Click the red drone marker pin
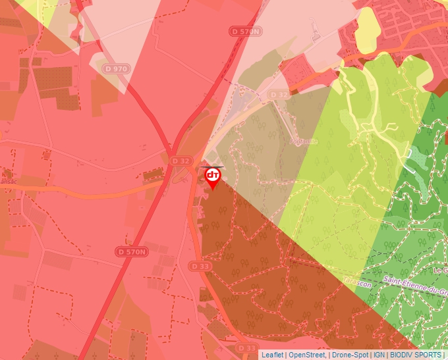[x=213, y=176]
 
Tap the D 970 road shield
[x=116, y=68]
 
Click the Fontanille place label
[x=304, y=141]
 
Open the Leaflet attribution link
[x=272, y=355]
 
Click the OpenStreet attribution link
[x=307, y=355]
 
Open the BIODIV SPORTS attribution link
[x=416, y=355]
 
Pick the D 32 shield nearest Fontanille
[x=279, y=95]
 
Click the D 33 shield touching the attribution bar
[x=246, y=347]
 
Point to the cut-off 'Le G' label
[x=440, y=270]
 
